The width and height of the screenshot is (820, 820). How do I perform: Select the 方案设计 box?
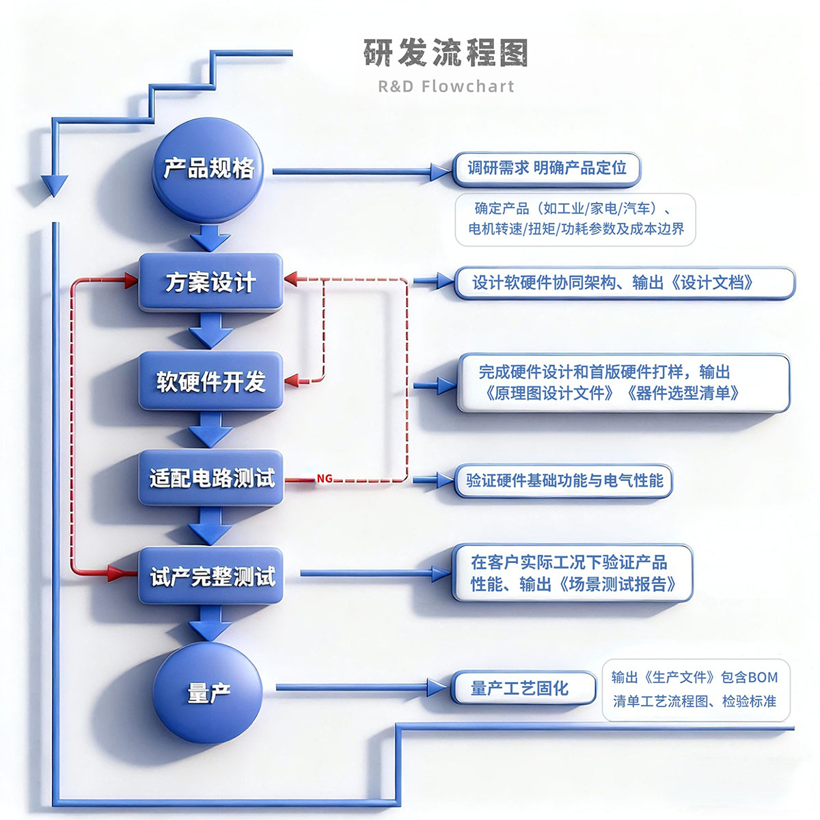click(x=210, y=282)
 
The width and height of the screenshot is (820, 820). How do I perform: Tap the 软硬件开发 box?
click(x=210, y=381)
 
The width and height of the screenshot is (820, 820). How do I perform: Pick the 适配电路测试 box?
click(x=210, y=478)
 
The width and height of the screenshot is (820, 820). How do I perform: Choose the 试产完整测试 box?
click(x=210, y=576)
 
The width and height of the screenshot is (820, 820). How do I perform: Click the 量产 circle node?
click(x=208, y=692)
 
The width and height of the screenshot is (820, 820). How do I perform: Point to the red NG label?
click(x=325, y=479)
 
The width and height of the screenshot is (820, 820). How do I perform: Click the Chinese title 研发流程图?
click(x=446, y=53)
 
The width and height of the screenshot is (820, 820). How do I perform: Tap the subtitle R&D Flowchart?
click(x=446, y=86)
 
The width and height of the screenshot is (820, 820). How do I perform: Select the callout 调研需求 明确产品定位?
click(x=547, y=168)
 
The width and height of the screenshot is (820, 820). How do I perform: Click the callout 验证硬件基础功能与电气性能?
click(x=564, y=480)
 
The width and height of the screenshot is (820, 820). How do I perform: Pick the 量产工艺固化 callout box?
click(x=523, y=688)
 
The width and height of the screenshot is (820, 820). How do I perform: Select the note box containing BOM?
click(x=695, y=689)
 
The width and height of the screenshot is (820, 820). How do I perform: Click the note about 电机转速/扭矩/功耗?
click(x=575, y=219)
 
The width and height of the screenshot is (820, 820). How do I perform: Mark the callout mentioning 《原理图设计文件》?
click(x=623, y=383)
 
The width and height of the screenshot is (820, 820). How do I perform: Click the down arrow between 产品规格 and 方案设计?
click(x=210, y=239)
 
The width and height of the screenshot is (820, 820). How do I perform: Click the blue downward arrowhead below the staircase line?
click(x=55, y=185)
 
